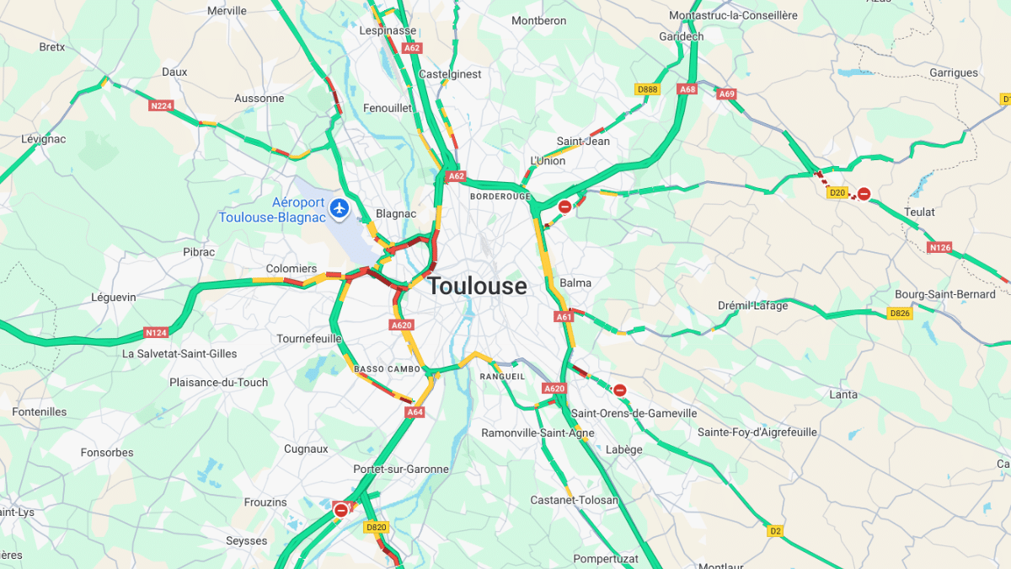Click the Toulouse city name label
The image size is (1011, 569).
click(477, 287)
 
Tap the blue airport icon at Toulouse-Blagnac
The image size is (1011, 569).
click(340, 207)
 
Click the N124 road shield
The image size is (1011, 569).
click(155, 332)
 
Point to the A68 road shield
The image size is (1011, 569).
click(687, 89)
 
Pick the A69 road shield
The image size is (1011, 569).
click(727, 94)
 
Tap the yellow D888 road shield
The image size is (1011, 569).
click(647, 89)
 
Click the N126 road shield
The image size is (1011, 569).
click(939, 248)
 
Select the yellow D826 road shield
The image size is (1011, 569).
click(900, 314)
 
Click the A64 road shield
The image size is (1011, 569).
click(415, 412)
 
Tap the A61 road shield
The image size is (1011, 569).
click(564, 317)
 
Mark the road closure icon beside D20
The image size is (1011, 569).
click(864, 194)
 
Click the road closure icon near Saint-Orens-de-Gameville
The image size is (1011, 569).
click(620, 389)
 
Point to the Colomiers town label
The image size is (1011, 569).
click(292, 269)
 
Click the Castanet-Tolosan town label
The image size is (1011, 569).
click(574, 500)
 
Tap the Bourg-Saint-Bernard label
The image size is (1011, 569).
click(944, 294)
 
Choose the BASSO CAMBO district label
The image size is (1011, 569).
click(387, 369)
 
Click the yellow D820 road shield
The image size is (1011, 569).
click(376, 527)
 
